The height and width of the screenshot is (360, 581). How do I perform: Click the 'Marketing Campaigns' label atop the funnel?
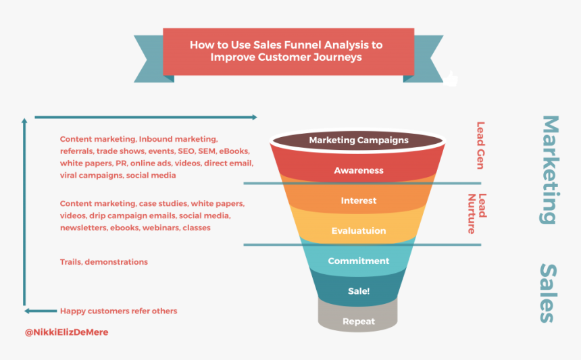pos(358,140)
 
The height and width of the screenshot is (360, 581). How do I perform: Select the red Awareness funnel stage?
pos(358,171)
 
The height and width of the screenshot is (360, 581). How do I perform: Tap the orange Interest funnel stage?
pos(358,201)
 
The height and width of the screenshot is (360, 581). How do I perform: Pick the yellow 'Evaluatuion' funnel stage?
pos(358,231)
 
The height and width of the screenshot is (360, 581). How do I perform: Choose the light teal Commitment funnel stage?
pos(358,261)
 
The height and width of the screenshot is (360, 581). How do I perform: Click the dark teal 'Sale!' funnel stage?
pos(358,292)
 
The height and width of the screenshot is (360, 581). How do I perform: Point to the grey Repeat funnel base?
pos(358,322)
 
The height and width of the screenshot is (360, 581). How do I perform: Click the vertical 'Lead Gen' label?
pos(481,145)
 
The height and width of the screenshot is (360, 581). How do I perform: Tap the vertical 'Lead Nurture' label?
pos(477,213)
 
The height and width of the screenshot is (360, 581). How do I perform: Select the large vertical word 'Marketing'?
pos(550,170)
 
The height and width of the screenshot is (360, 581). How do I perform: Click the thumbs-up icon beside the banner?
pos(449,80)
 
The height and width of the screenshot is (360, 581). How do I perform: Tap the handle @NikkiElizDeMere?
pos(66,332)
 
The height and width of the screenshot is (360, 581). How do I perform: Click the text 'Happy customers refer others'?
pos(118,311)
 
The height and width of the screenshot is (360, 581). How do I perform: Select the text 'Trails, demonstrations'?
pos(103,261)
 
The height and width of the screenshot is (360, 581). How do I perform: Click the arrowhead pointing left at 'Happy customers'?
pos(28,311)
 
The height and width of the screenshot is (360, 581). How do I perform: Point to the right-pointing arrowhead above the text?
pos(253,118)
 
